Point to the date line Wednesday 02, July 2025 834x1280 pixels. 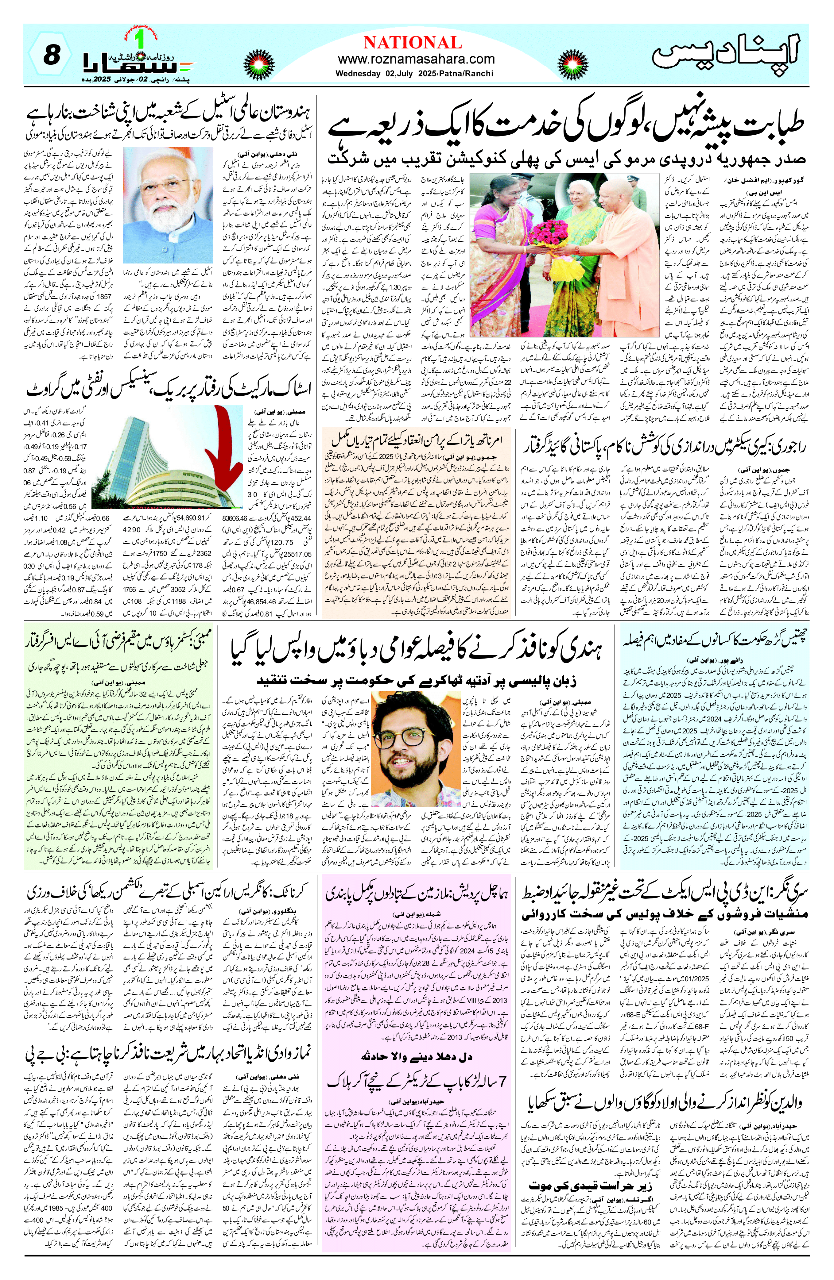tap(415, 73)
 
